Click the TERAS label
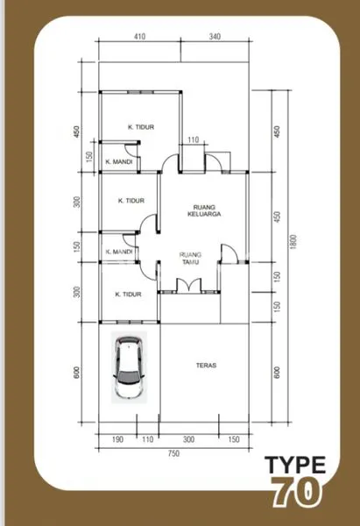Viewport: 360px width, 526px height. pos(207,366)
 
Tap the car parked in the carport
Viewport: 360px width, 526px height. pos(130,369)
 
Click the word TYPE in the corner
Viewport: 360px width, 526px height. pos(297,465)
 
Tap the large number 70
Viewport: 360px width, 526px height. pos(297,493)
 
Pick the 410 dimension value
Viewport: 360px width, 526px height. pos(139,37)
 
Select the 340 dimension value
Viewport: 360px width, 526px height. pos(215,37)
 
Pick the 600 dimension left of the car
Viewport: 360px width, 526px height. pos(77,372)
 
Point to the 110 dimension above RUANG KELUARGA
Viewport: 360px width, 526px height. pos(194,140)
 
